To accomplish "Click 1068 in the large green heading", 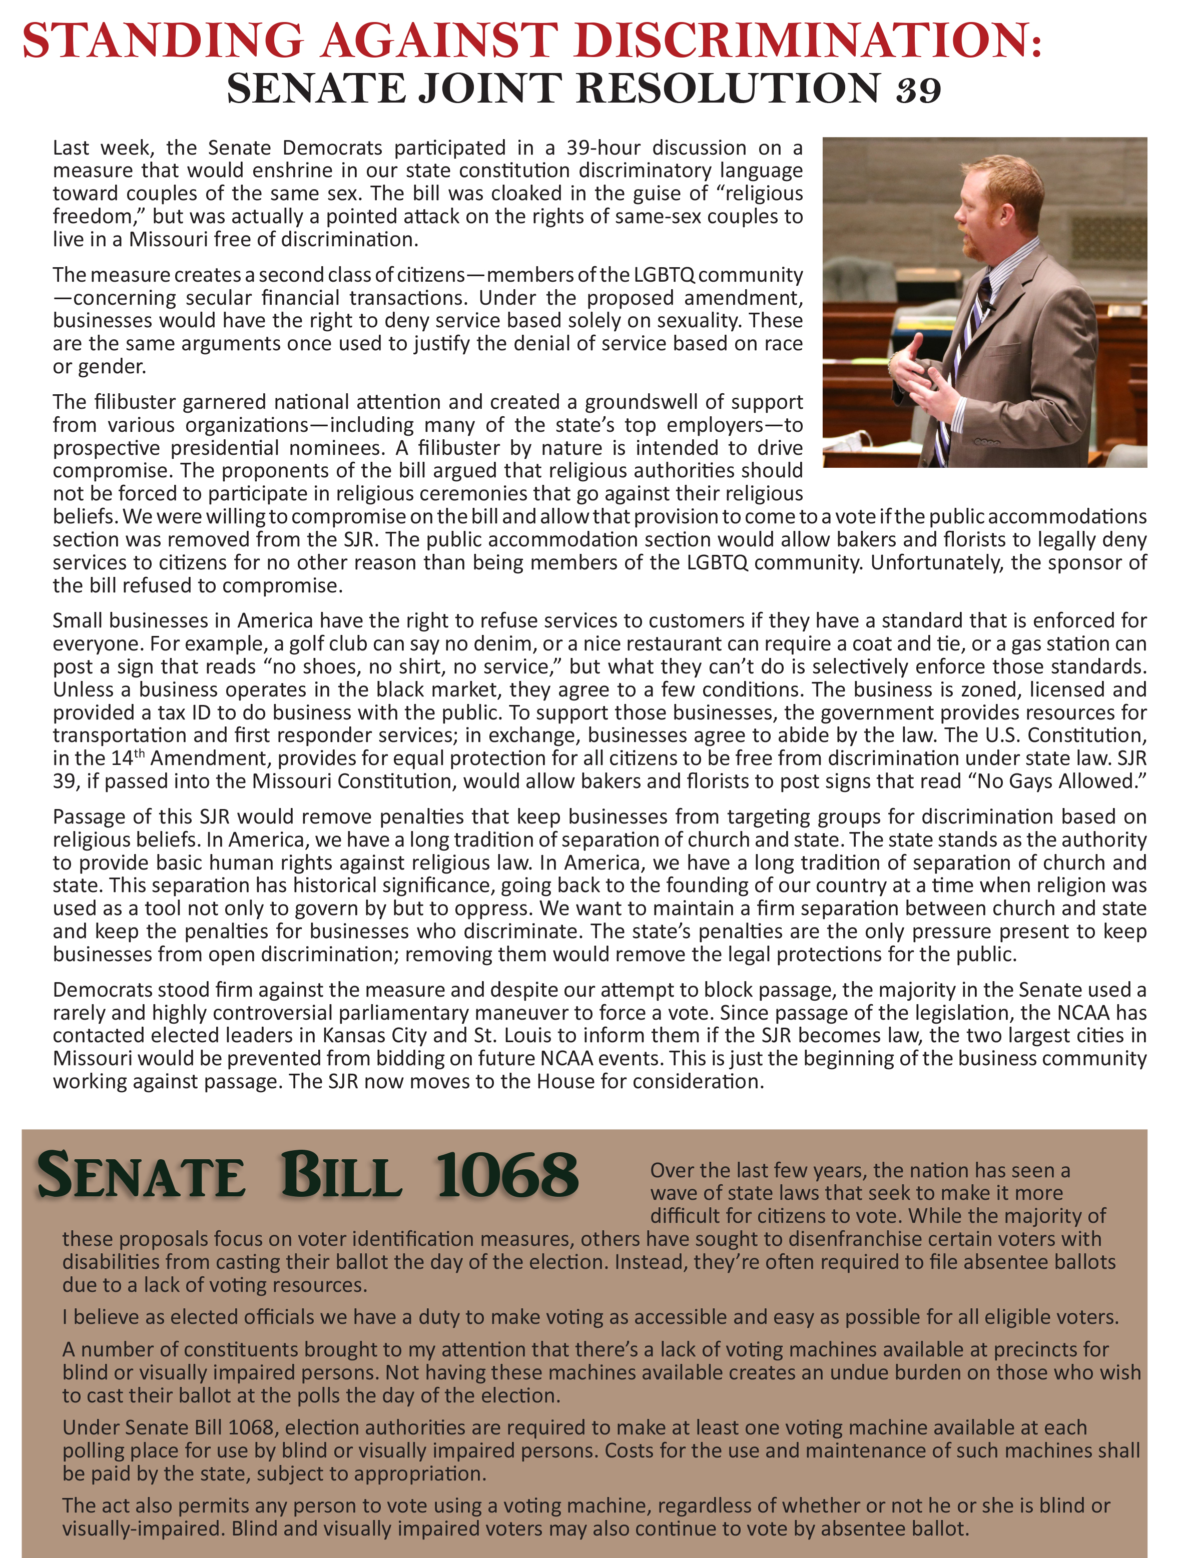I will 506,1176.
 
